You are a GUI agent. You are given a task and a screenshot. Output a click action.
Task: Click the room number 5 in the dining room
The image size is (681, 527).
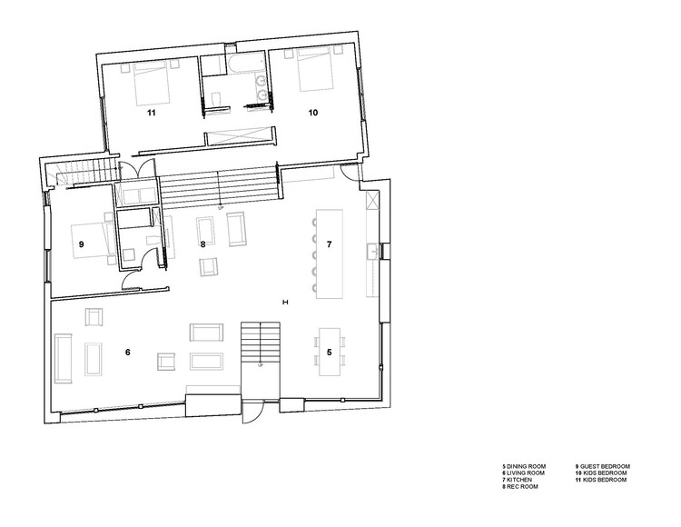tap(330, 350)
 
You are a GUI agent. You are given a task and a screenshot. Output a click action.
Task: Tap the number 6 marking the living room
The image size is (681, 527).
tap(128, 351)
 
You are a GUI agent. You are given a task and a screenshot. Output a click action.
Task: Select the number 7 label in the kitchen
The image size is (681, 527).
tap(330, 244)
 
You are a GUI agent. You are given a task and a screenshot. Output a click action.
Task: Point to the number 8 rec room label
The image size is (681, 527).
tap(203, 244)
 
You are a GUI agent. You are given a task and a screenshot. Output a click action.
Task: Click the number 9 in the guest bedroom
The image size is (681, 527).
tap(81, 244)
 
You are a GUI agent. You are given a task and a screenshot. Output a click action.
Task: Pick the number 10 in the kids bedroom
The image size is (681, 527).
tap(312, 114)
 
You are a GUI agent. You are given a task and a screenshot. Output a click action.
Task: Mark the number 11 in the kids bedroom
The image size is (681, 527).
tap(153, 114)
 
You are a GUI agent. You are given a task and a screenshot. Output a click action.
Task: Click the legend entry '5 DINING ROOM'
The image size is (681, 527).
tap(524, 466)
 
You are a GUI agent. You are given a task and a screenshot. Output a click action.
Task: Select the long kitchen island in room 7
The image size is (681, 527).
tap(329, 254)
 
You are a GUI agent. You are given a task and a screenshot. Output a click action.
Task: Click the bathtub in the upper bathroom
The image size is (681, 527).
tap(245, 65)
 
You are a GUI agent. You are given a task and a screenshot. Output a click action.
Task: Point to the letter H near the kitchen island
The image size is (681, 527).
tap(285, 301)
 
